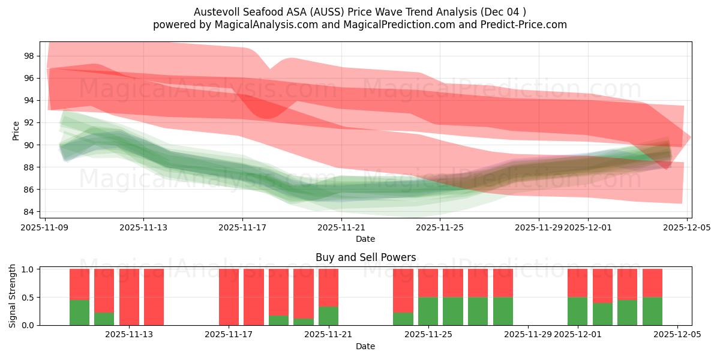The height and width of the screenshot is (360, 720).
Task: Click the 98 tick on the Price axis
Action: [x=28, y=56]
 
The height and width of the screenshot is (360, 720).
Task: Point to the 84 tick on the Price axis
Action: [x=28, y=212]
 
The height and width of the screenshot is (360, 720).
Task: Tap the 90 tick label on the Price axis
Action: [x=28, y=145]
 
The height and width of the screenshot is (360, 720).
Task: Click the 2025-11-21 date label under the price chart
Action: [x=341, y=227]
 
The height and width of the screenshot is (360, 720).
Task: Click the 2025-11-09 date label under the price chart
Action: [x=45, y=227]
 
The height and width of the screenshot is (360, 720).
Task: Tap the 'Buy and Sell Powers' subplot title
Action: [x=365, y=257]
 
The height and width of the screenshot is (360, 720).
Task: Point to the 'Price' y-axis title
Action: [x=16, y=130]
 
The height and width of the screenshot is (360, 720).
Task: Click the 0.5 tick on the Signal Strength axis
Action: [x=28, y=298]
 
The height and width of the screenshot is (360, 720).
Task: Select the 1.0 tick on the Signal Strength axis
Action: [x=28, y=269]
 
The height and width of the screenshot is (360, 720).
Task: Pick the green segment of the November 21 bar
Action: [x=328, y=316]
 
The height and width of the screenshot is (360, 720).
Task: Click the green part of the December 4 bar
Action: [x=652, y=311]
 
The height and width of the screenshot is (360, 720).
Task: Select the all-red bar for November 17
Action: [x=229, y=297]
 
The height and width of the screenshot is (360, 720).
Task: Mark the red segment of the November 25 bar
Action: [x=428, y=283]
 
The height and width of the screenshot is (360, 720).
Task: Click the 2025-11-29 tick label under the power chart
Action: [x=528, y=334]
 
